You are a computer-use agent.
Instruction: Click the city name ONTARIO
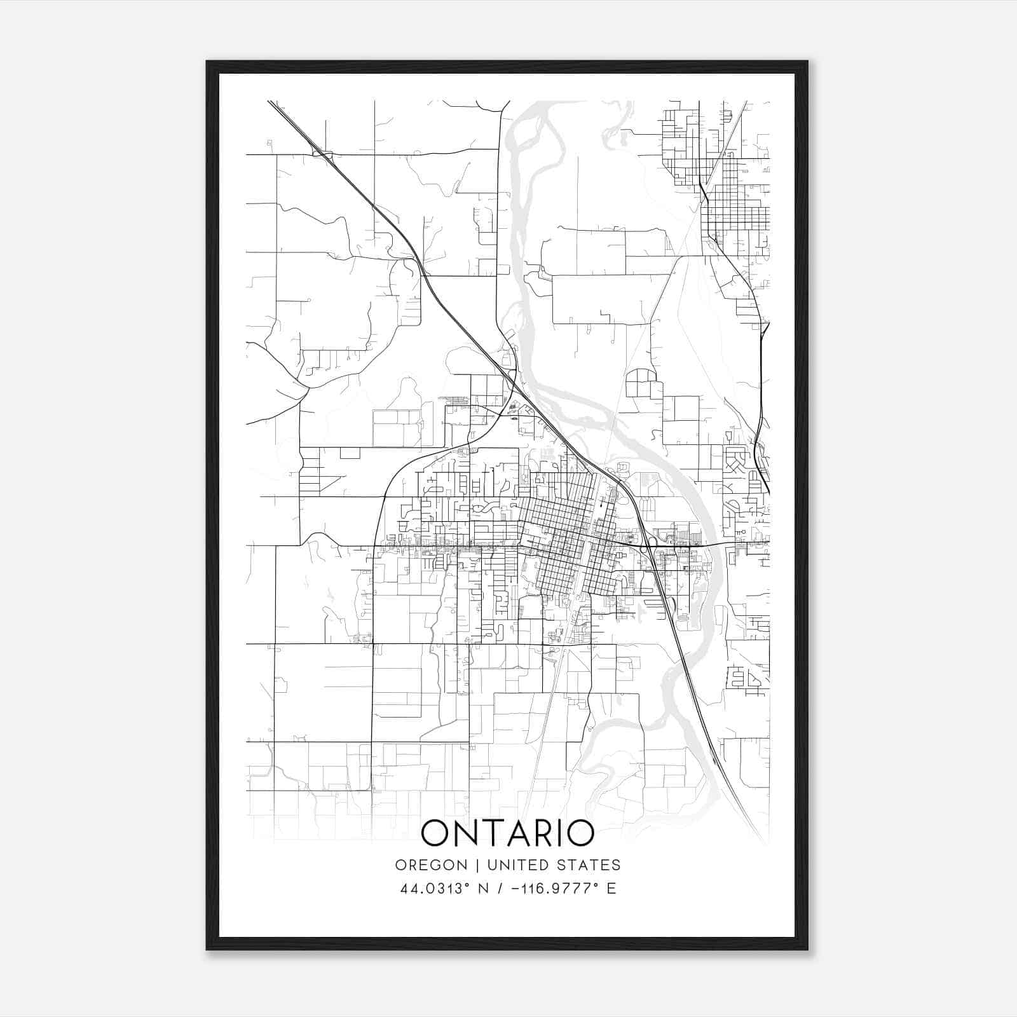click(508, 833)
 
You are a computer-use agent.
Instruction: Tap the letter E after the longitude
click(611, 889)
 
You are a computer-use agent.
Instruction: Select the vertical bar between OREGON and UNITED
click(471, 865)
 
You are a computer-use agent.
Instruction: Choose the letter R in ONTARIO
click(552, 833)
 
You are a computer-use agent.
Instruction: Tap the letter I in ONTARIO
click(568, 833)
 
